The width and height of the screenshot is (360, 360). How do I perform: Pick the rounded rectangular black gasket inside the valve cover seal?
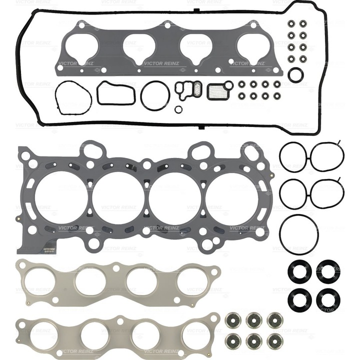(x=115, y=93)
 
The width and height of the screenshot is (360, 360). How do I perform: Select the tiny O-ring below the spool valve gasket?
(x=178, y=108)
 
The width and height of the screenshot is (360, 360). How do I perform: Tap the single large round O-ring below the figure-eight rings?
(x=298, y=233)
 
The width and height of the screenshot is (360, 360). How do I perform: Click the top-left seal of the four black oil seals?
(x=299, y=270)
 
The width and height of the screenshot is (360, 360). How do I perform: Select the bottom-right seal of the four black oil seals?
(x=328, y=298)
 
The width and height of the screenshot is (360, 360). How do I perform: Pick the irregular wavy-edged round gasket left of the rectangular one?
(x=73, y=96)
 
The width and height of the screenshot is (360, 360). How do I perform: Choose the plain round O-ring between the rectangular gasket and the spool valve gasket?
(x=155, y=95)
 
